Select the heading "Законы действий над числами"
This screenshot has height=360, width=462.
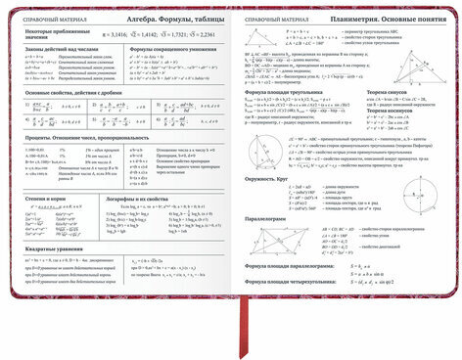coord(56,49)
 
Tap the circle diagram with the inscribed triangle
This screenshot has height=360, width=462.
coord(257,154)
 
